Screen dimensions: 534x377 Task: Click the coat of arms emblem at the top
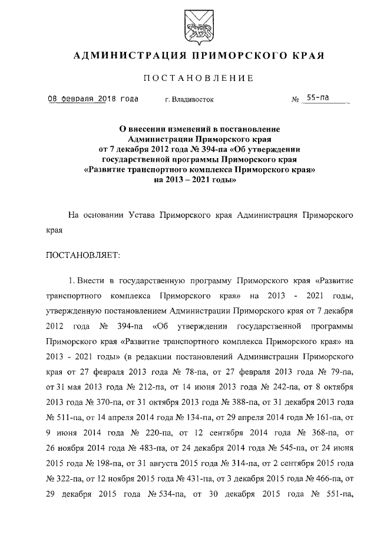click(196, 27)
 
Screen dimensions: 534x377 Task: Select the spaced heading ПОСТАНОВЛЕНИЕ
click(199, 78)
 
